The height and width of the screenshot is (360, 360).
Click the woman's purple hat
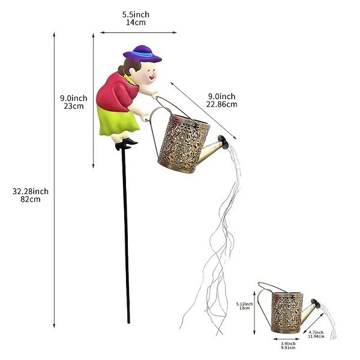(143, 53)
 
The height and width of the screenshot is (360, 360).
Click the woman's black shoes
(126, 144)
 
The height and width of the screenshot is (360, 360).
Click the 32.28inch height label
(31, 191)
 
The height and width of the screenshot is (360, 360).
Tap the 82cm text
(31, 199)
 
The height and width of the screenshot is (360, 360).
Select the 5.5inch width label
(136, 14)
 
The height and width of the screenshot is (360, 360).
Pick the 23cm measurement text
(73, 106)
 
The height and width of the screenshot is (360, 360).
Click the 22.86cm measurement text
(221, 104)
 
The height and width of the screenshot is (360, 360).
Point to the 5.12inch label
(245, 304)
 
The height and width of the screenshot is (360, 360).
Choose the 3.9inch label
(288, 344)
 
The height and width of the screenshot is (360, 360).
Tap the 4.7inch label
(316, 332)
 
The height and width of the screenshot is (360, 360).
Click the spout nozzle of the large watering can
(223, 142)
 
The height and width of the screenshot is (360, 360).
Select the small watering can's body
(287, 313)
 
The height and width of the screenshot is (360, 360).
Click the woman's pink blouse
(116, 92)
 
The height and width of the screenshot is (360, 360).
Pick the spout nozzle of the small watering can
(316, 303)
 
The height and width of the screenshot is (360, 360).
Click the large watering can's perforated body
(184, 143)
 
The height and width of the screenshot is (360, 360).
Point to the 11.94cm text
(316, 337)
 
